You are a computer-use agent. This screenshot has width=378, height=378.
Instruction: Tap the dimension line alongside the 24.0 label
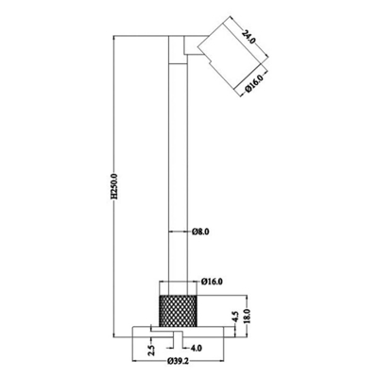(x=236, y=28)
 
